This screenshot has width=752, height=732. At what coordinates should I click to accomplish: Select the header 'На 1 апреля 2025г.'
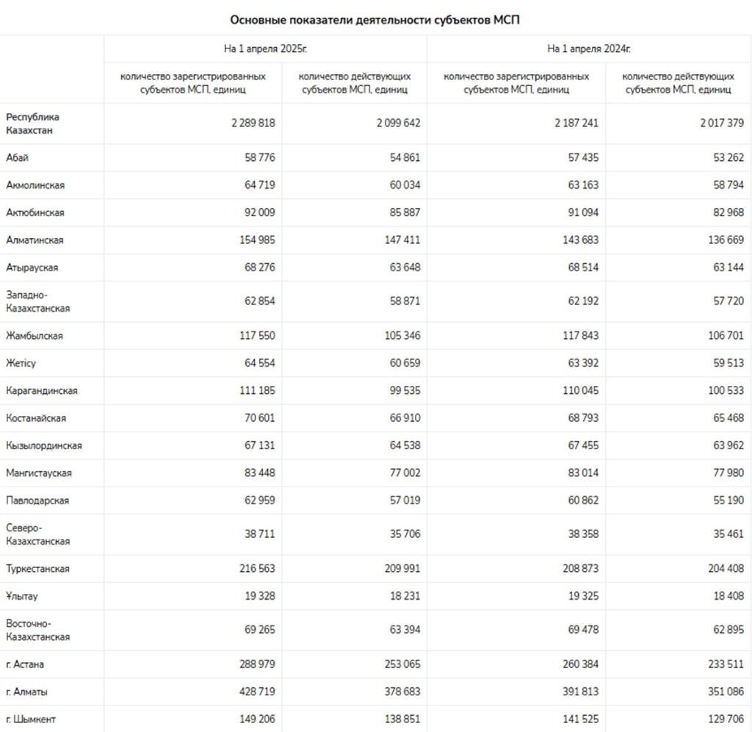click(x=265, y=49)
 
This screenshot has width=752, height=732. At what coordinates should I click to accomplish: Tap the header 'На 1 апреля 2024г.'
click(x=589, y=49)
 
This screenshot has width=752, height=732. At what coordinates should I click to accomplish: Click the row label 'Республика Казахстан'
click(x=33, y=123)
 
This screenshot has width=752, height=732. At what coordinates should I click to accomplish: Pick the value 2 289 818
click(x=253, y=123)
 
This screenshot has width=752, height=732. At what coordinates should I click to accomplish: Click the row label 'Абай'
click(x=18, y=157)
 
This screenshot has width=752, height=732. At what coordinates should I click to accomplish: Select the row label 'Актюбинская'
click(x=35, y=212)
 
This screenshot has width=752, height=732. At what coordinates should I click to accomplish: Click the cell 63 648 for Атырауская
click(x=404, y=268)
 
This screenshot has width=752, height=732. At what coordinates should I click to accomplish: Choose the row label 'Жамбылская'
click(x=35, y=336)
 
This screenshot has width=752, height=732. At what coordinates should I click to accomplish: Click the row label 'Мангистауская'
click(x=39, y=473)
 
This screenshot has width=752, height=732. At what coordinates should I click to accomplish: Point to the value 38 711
click(x=259, y=534)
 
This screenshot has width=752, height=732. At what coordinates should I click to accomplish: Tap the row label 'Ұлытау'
click(x=21, y=596)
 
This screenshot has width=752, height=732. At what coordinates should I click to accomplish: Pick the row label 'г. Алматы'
click(x=27, y=692)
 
